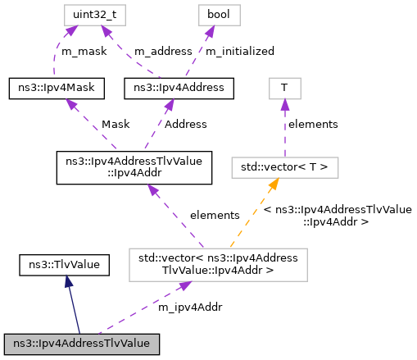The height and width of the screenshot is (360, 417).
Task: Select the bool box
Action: (x=210, y=15)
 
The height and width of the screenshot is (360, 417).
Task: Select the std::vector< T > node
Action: (x=284, y=167)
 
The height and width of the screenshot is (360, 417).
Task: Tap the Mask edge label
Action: (x=115, y=125)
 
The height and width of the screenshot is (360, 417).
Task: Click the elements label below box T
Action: (x=311, y=125)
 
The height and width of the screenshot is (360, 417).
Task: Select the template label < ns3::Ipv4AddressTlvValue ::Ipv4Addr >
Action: (x=338, y=215)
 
